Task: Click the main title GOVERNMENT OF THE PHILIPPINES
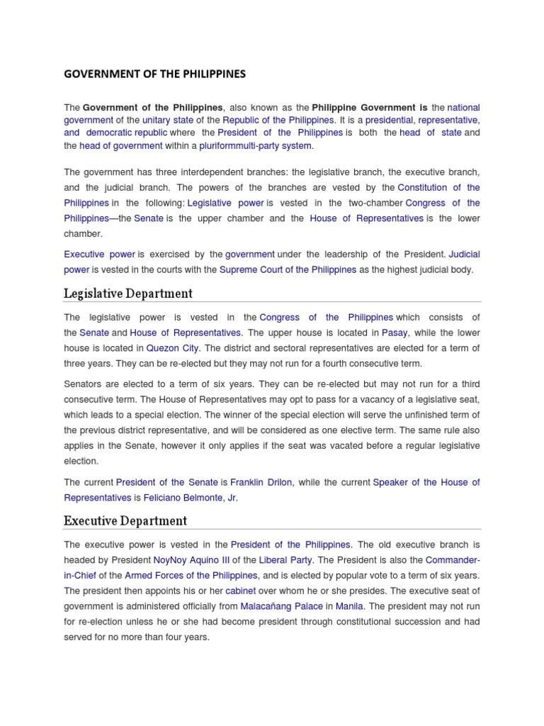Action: [x=154, y=73]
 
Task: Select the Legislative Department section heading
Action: [x=127, y=294]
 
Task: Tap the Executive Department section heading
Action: [x=125, y=521]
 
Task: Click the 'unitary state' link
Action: [x=168, y=120]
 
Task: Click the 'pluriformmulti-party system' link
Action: [x=255, y=146]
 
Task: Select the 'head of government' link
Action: [x=121, y=146]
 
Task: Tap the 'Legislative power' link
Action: [x=225, y=203]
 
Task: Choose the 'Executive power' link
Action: [x=99, y=254]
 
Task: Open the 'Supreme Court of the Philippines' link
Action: [x=288, y=270]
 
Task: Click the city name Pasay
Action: [x=395, y=333]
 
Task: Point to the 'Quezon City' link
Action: [x=173, y=348]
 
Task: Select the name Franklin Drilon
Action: [x=261, y=482]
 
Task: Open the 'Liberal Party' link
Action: [x=285, y=560]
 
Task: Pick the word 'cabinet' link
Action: [x=241, y=591]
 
